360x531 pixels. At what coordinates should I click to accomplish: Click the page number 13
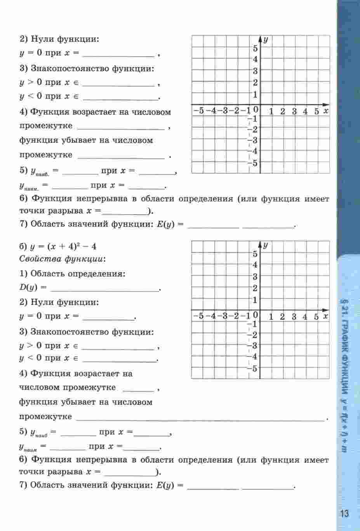(x=344, y=514)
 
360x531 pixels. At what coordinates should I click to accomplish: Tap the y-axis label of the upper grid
(x=266, y=40)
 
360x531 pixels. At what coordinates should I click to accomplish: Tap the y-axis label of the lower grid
(x=266, y=245)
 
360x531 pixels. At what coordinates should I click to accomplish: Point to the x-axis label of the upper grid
(x=326, y=111)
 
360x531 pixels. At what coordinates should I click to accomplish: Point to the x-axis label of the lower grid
(x=325, y=317)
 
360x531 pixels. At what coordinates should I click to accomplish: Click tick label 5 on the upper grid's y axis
(x=255, y=49)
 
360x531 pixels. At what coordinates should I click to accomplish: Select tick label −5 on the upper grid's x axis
(x=198, y=111)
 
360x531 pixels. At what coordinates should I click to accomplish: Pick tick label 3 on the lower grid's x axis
(x=294, y=317)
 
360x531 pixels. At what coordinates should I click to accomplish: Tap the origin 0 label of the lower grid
(x=256, y=315)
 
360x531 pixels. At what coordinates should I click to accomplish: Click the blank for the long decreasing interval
(x=200, y=417)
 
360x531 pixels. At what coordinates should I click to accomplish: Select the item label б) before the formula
(x=23, y=247)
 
